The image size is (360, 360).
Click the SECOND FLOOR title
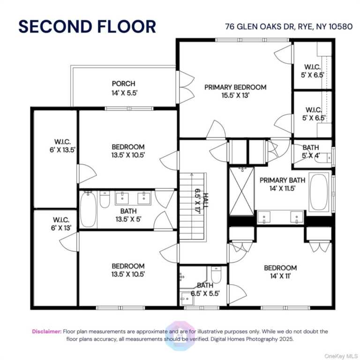coord(87,27)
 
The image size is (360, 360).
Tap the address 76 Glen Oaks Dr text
coord(260,27)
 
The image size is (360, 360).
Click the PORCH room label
coord(124,83)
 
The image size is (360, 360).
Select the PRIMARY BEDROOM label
coord(235,87)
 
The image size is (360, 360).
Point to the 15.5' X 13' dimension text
coord(235,95)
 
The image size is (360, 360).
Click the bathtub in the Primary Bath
coord(319,192)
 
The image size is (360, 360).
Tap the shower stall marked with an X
coord(242,191)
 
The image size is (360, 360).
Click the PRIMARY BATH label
coord(282,180)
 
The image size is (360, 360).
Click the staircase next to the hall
coord(191,206)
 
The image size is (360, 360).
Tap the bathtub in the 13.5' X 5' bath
coord(89,210)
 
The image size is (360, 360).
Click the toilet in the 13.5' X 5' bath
coord(105,199)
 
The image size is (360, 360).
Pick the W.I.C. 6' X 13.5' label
coord(62,146)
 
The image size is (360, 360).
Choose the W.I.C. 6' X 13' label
coord(61,224)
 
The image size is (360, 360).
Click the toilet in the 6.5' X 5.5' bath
coord(216,275)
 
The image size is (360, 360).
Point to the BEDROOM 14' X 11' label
coord(280,272)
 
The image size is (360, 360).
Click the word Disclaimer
coord(47,331)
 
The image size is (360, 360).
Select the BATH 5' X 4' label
coord(311,151)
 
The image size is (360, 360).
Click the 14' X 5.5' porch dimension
coord(124,93)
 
